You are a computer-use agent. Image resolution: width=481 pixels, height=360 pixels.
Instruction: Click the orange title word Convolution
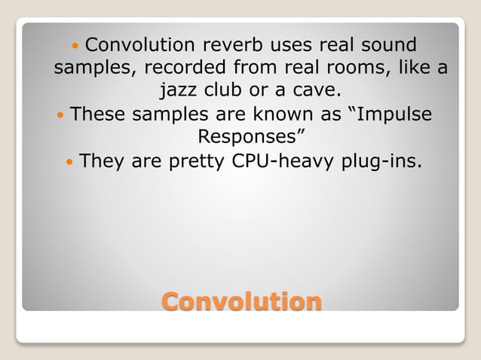241,301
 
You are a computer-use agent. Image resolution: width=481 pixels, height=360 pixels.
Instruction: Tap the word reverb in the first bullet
234,44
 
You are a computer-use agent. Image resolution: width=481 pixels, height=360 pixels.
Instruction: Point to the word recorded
183,68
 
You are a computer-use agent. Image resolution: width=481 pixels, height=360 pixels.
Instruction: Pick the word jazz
179,91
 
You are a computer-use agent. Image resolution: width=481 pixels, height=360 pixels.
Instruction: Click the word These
98,115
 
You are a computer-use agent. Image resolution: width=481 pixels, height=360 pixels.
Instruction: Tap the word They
103,162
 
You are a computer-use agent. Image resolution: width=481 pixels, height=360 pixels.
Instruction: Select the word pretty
190,162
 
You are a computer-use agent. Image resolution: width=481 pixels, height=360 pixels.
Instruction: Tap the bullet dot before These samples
60,116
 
